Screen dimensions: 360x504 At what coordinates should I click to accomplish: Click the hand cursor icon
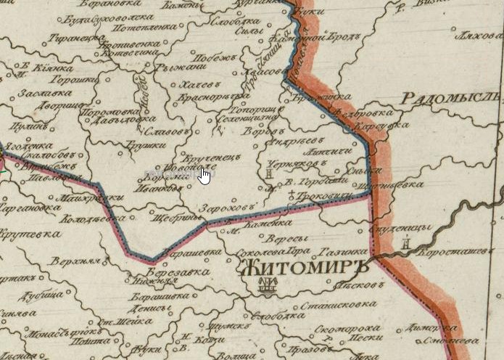click(205, 176)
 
